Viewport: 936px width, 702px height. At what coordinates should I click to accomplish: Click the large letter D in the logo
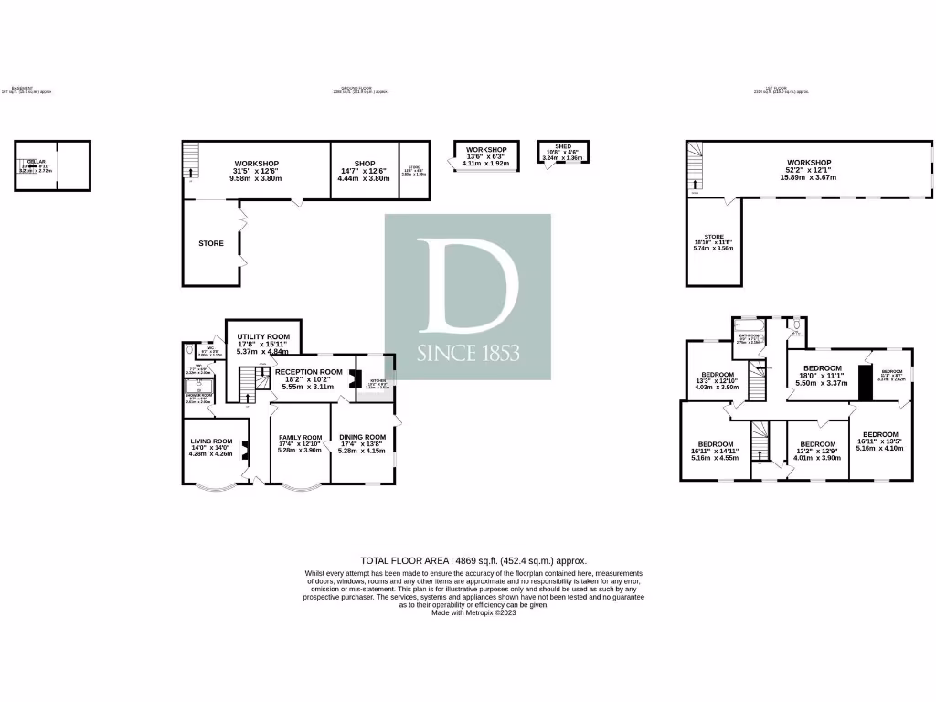point(467,284)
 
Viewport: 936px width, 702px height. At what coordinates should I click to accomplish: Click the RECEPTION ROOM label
point(308,372)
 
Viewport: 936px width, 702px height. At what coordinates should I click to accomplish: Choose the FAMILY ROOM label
point(300,437)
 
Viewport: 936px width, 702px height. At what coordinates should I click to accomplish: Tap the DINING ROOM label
point(362,437)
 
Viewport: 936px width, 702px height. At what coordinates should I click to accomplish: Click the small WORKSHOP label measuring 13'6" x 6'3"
point(485,149)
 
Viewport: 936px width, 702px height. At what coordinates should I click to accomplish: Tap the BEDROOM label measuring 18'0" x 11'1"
point(822,368)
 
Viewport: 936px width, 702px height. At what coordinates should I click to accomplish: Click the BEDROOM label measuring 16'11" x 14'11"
point(717,444)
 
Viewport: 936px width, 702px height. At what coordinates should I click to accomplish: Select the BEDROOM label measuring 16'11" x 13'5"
point(880,434)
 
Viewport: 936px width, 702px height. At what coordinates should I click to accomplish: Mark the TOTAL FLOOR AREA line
point(473,560)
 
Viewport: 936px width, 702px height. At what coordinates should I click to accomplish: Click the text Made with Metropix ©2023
point(473,612)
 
